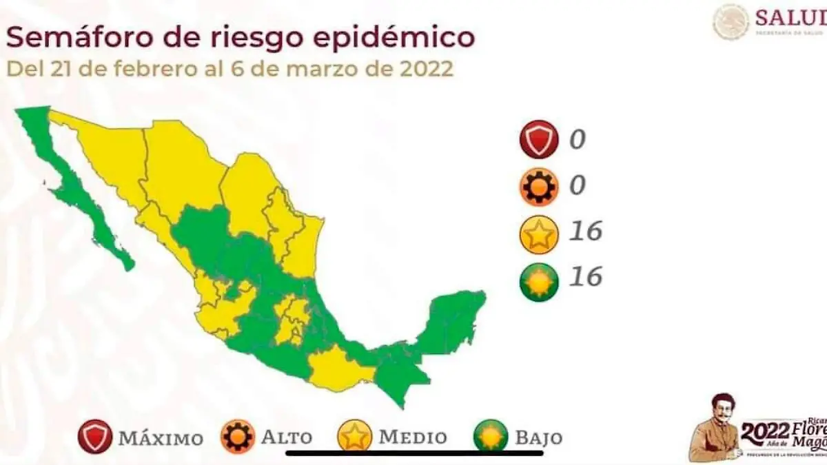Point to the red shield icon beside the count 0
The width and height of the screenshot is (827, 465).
pos(539,140)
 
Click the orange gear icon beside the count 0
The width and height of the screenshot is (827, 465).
pos(539,186)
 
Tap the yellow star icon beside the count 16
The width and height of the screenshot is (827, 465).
pos(539,234)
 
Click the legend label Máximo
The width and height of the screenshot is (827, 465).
pos(160,438)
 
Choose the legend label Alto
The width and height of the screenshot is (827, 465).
pos(286,437)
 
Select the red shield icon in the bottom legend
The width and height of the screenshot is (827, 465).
pos(94,437)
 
